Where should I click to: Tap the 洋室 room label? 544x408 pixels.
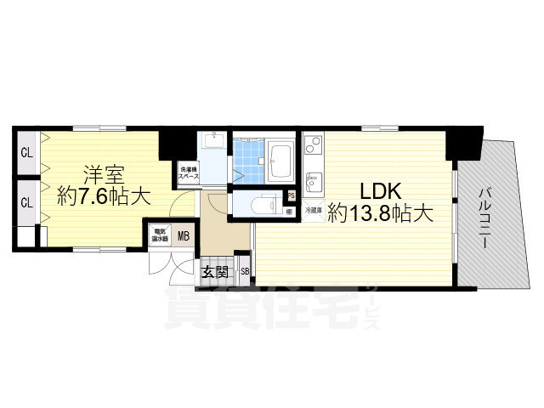tap(104, 177)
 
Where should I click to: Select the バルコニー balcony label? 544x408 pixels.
tap(483, 216)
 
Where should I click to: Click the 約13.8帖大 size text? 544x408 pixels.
tap(382, 214)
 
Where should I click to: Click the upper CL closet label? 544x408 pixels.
tap(26, 154)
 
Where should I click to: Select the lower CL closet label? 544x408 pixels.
tap(26, 202)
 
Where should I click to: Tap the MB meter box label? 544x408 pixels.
tap(182, 235)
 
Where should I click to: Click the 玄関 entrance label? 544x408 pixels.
tap(215, 272)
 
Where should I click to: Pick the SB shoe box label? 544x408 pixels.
tap(245, 272)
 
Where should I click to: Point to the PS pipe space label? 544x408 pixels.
tap(291, 195)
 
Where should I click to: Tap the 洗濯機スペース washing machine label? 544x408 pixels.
tap(188, 172)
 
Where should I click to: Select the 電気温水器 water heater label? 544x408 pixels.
tap(159, 234)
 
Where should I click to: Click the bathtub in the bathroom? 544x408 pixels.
tap(281, 157)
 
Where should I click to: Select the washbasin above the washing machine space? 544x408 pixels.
tap(214, 144)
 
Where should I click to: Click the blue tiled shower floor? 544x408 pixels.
tap(247, 157)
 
